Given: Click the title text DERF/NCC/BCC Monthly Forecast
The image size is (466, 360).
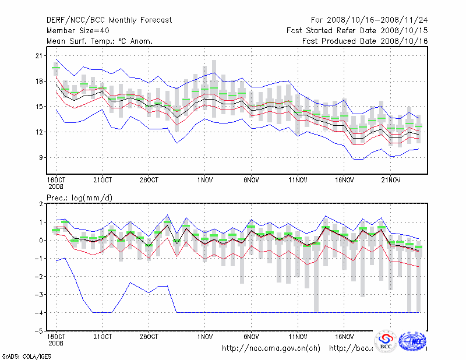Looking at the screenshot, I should pyautogui.click(x=109, y=20).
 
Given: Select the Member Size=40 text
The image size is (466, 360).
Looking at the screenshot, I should pyautogui.click(x=76, y=30).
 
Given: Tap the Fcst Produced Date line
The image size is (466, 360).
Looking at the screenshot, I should pyautogui.click(x=365, y=41).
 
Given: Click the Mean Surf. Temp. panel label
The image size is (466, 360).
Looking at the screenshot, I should pyautogui.click(x=100, y=41).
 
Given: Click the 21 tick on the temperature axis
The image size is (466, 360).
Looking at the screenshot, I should pyautogui.click(x=40, y=56).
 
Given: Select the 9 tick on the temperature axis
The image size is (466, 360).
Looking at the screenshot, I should pyautogui.click(x=41, y=157).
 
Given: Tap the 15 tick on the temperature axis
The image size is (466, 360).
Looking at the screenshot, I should pyautogui.click(x=40, y=107).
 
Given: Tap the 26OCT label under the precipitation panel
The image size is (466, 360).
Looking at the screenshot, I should pyautogui.click(x=149, y=337).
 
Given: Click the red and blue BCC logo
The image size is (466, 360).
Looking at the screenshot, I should pyautogui.click(x=386, y=342).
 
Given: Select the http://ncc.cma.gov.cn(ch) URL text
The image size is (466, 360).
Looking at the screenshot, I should pyautogui.click(x=271, y=348).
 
